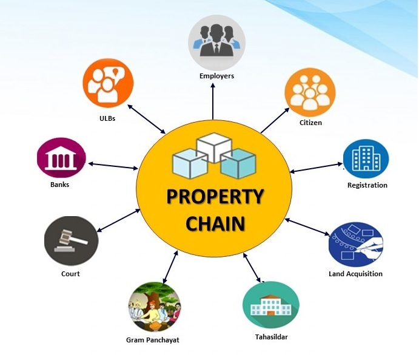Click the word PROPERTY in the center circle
pos(215,197)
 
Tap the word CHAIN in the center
pos(215,223)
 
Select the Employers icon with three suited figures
pos(216,42)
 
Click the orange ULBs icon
pos(108,83)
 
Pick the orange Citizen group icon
pos(310,92)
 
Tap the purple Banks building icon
pos(61,158)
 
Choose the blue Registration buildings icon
pos(366,158)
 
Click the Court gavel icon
pos(71,241)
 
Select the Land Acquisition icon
pos(356,245)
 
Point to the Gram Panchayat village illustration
pos(155,307)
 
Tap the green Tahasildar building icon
pos(271,305)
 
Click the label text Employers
pos(216,76)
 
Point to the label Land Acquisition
pos(356,274)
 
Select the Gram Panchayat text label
pos(153,340)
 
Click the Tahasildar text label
pos(272,337)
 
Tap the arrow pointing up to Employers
pos(213,101)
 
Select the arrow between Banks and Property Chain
pos(113,166)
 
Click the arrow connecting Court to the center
pos(118,220)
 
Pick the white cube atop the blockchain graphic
pos(214,147)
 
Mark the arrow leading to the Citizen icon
pos(275,120)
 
